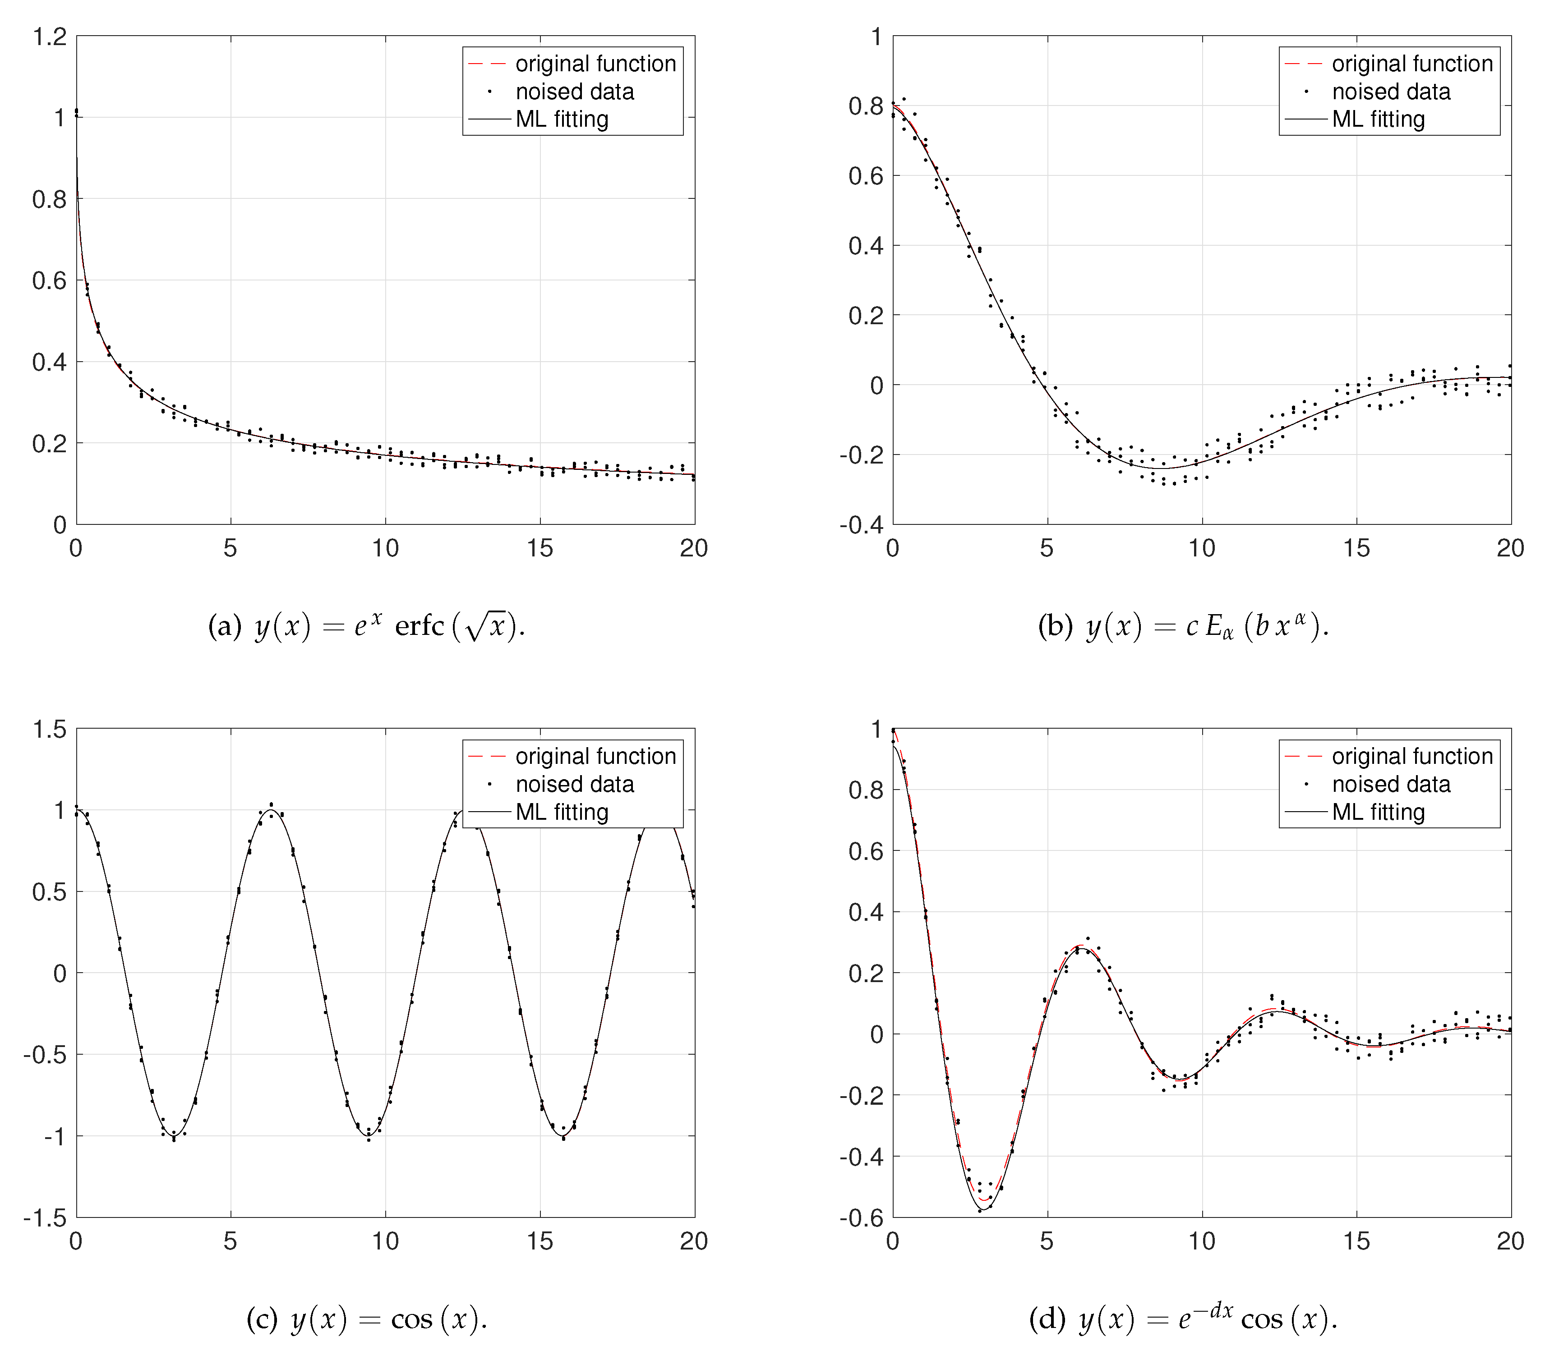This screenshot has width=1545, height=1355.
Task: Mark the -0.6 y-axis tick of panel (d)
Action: (x=861, y=1217)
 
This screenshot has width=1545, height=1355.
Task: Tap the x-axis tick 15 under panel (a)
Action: (x=540, y=549)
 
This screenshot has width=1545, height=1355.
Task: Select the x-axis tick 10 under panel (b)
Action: (x=1201, y=549)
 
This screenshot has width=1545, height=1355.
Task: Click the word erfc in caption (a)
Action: (x=420, y=626)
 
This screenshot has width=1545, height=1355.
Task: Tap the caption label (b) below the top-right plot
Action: (x=1055, y=626)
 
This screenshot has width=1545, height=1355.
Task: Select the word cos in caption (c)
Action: (x=411, y=1319)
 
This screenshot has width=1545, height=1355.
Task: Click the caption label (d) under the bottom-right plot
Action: (x=1047, y=1319)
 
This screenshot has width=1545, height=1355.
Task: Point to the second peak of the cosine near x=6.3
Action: (x=271, y=810)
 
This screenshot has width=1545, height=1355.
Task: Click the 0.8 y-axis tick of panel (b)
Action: (x=866, y=106)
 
